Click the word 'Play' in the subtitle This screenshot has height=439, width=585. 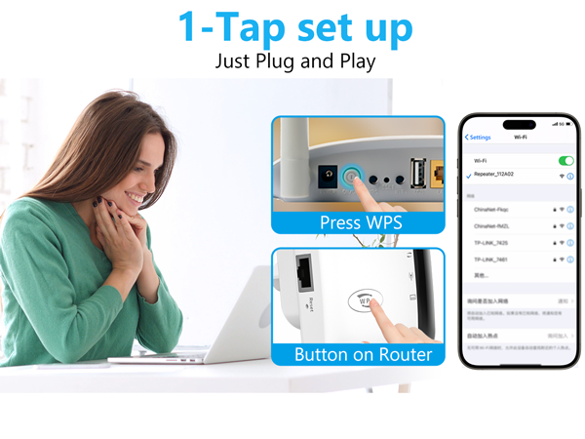350,60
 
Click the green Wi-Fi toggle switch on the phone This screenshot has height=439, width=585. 565,160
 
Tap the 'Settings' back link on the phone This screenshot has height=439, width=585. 479,137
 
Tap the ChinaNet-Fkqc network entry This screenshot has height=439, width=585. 492,208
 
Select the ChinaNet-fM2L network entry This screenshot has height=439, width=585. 492,224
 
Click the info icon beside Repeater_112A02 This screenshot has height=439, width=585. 569,176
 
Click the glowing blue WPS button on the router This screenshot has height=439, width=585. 352,179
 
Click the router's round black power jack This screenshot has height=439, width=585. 327,178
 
